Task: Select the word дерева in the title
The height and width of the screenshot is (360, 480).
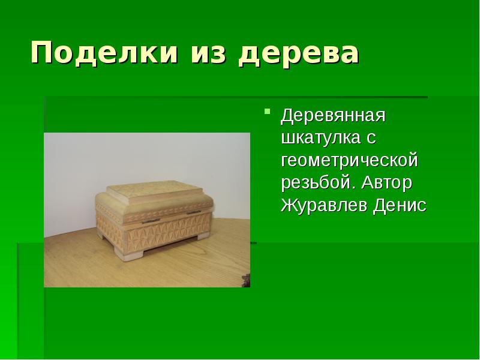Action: pyautogui.click(x=299, y=53)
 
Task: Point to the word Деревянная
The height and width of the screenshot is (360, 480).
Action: pyautogui.click(x=333, y=115)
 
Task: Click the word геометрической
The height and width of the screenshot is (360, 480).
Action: pyautogui.click(x=349, y=160)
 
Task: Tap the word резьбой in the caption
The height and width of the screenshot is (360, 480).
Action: pyautogui.click(x=316, y=182)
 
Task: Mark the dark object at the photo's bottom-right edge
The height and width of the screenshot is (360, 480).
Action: pyautogui.click(x=245, y=279)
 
